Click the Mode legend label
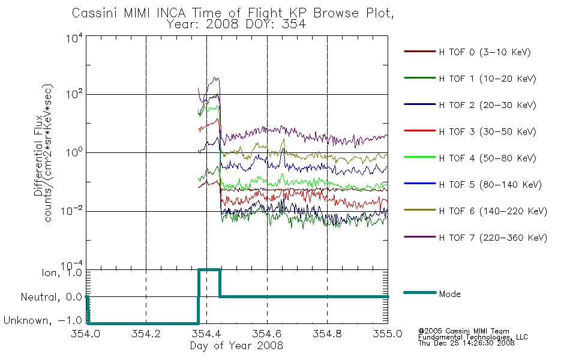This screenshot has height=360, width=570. pos(449,294)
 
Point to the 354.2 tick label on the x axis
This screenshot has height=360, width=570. pos(146,334)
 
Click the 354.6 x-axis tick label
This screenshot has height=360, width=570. pos(267,334)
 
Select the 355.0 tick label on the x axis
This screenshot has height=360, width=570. pos(388,334)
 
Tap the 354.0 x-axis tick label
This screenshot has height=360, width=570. pos(85,334)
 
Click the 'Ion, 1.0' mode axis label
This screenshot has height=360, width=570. pos(62,272)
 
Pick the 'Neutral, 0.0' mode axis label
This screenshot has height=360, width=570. pos(51,297)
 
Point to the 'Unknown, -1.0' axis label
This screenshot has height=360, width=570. pos(43,320)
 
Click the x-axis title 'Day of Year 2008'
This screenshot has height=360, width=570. pos(236,346)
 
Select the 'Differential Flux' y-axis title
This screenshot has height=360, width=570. pos(38,155)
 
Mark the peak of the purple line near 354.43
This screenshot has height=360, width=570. pos(216,78)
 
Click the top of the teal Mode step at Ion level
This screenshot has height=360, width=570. pos(209,270)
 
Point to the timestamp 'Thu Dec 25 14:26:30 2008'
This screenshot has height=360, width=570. pos(466,343)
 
